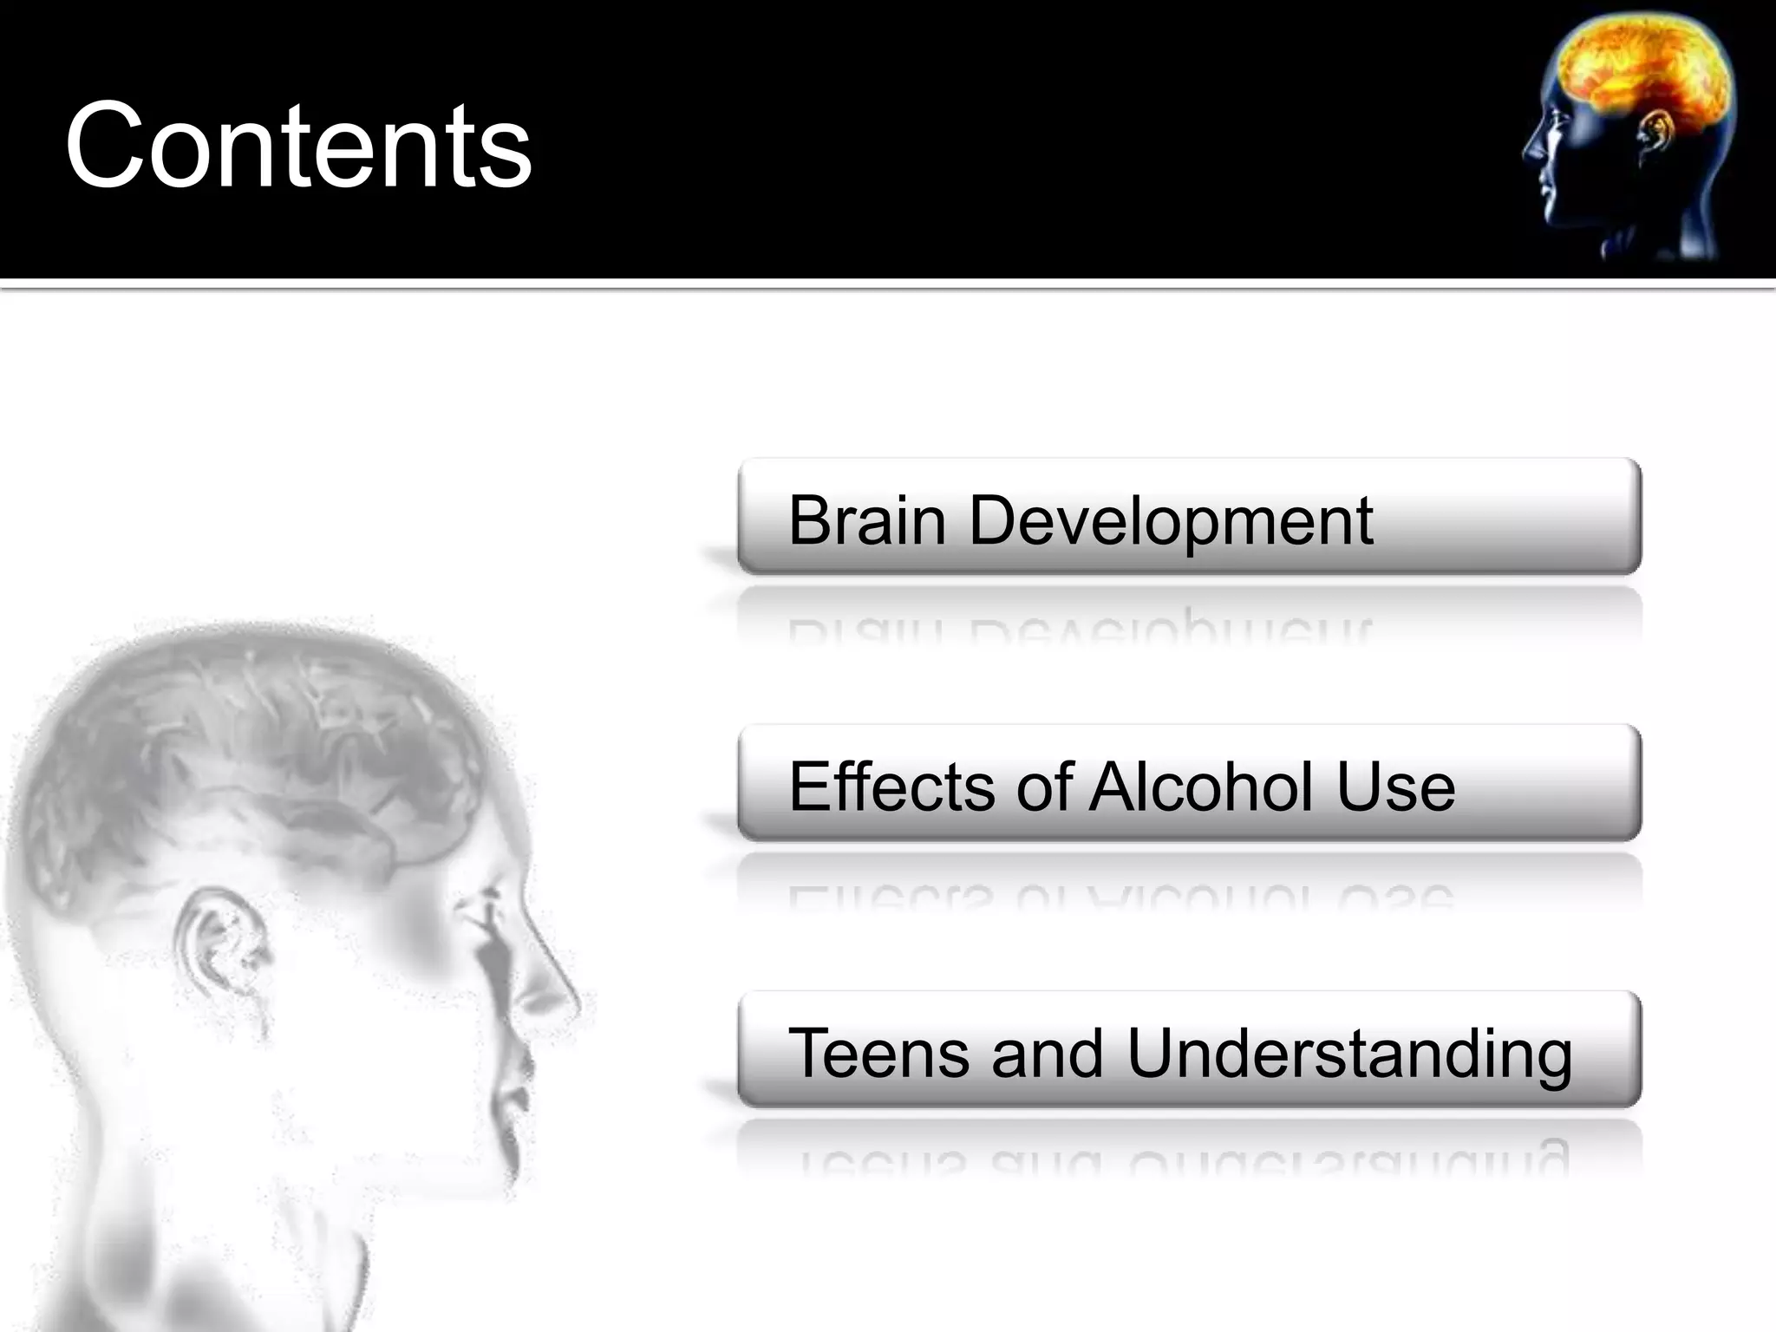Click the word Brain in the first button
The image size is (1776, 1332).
click(x=866, y=521)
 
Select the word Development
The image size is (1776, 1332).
click(x=1171, y=523)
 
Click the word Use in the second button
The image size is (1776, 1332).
click(x=1395, y=787)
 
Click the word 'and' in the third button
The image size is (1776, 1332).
click(x=1048, y=1054)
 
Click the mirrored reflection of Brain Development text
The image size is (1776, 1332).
click(x=1080, y=626)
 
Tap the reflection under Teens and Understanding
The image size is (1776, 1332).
click(x=1179, y=1158)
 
